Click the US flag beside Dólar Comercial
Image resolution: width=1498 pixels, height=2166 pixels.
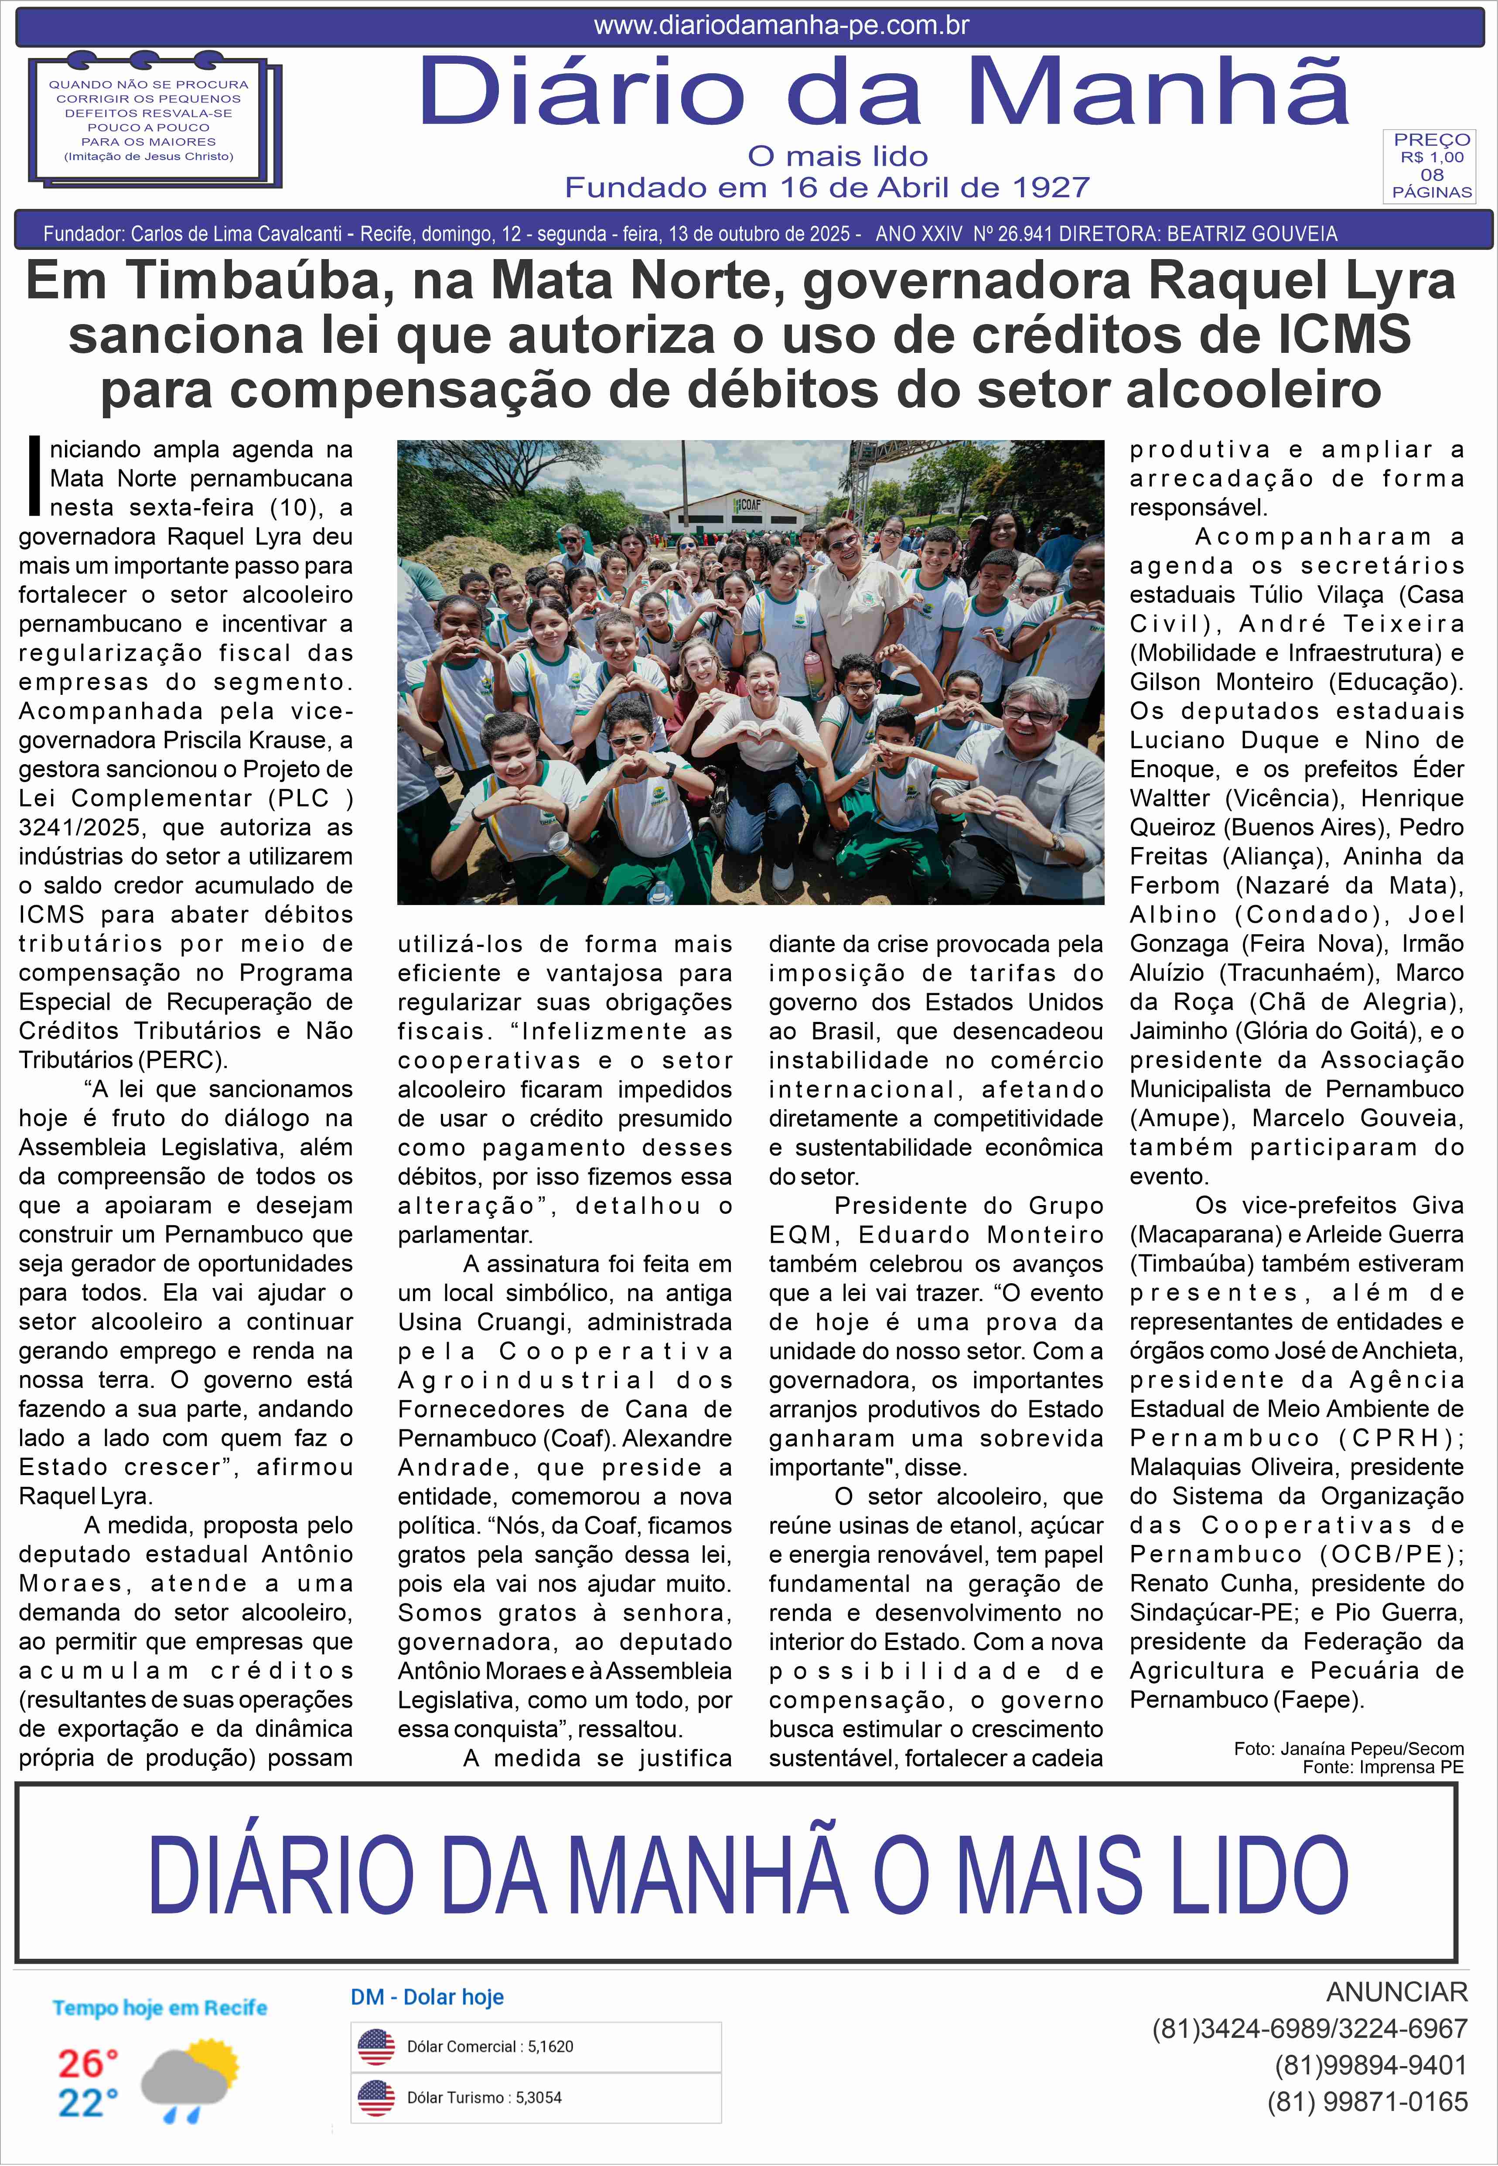point(376,2047)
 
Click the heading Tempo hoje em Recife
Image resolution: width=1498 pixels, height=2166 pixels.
point(160,2007)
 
